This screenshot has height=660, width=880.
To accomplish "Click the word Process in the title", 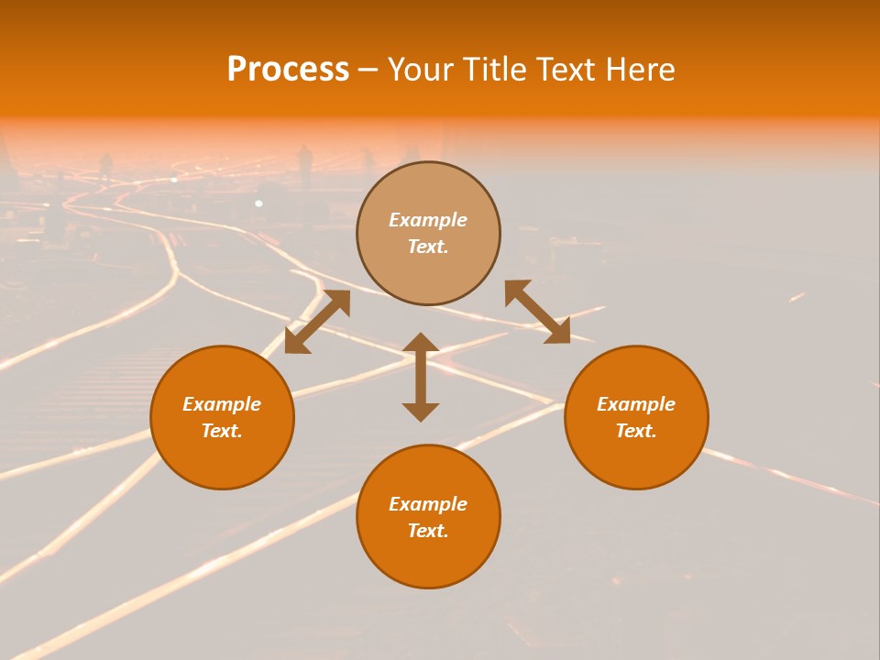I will pyautogui.click(x=288, y=70).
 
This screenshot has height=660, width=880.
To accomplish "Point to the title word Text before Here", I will pyautogui.click(x=566, y=70).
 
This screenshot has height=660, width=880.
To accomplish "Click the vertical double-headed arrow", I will pyautogui.click(x=421, y=377).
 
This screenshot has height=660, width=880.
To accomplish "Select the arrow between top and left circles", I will pyautogui.click(x=317, y=322).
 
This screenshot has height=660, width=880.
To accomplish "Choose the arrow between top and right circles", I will pyautogui.click(x=537, y=312).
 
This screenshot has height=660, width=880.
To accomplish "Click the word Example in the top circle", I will pyautogui.click(x=428, y=220).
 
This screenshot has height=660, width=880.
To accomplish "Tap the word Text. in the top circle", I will pyautogui.click(x=428, y=247).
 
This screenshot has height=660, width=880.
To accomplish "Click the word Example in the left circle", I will pyautogui.click(x=222, y=404).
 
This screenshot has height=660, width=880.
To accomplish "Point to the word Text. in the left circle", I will pyautogui.click(x=222, y=431).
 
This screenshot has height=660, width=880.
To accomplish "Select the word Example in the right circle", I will pyautogui.click(x=636, y=404).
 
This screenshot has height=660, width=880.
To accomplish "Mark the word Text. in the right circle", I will pyautogui.click(x=636, y=431).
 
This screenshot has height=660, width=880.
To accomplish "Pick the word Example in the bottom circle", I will pyautogui.click(x=428, y=504).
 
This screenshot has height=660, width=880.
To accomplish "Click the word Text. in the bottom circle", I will pyautogui.click(x=428, y=531).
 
